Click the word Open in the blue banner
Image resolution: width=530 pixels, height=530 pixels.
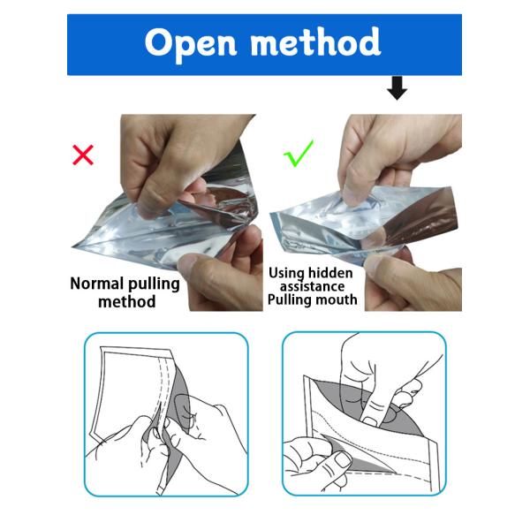coord(191,43)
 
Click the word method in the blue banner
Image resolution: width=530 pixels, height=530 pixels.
coord(315,42)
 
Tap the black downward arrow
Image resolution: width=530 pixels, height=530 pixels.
coord(397,87)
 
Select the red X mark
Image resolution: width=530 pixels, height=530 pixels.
coord(83,155)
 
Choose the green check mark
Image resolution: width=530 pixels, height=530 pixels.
coord(299,154)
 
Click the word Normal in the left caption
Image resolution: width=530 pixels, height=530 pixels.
coord(95,284)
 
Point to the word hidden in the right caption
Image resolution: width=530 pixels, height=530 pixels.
coord(330,273)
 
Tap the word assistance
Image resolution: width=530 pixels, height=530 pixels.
coord(312,286)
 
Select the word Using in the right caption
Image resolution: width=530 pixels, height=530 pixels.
coord(286,273)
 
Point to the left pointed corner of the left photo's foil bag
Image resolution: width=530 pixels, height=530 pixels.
coord(73,246)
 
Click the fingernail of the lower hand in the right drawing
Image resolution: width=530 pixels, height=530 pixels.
coord(343,460)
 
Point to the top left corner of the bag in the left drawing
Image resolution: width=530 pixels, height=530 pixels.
coord(101,347)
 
